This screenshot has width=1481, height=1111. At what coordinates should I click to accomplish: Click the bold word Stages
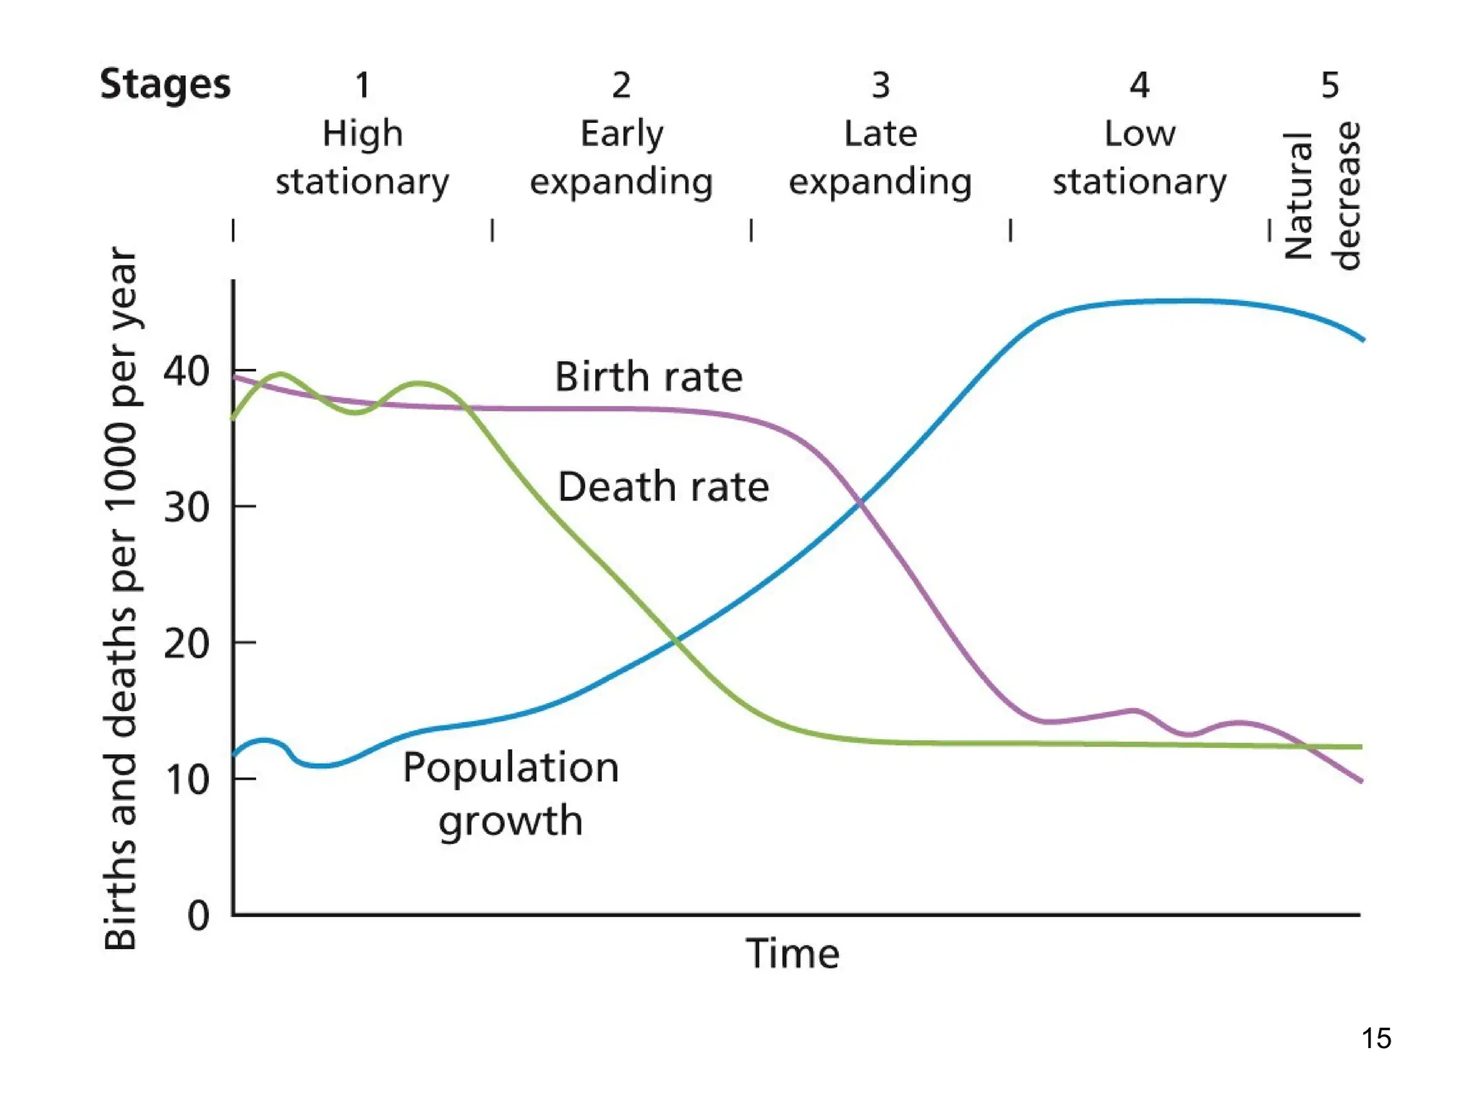click(165, 85)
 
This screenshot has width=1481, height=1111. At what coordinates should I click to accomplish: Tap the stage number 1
click(362, 85)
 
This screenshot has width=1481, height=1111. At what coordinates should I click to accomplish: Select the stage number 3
click(880, 85)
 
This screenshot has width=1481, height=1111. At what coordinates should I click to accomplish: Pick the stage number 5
click(1329, 85)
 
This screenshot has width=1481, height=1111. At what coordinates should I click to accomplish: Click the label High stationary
click(362, 157)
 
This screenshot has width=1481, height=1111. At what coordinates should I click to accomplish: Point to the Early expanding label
click(621, 157)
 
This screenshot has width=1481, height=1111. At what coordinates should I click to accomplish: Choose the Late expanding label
click(880, 157)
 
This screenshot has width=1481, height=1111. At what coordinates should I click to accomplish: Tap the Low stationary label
click(1139, 157)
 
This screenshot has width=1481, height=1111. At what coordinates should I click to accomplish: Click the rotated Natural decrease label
click(1322, 195)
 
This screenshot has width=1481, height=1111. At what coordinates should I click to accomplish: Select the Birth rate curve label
click(649, 377)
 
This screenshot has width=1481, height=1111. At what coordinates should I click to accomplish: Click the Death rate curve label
click(663, 486)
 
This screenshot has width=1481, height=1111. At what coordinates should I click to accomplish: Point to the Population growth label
click(511, 793)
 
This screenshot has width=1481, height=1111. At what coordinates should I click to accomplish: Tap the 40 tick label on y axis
click(186, 372)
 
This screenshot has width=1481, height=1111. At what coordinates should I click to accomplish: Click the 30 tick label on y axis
click(186, 508)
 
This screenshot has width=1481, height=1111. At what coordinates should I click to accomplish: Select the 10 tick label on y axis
click(186, 780)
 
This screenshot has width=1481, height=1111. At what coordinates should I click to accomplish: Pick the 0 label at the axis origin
click(198, 916)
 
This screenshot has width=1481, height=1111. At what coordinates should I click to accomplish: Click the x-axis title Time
click(793, 953)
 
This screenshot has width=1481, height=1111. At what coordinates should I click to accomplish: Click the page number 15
click(1375, 1038)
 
